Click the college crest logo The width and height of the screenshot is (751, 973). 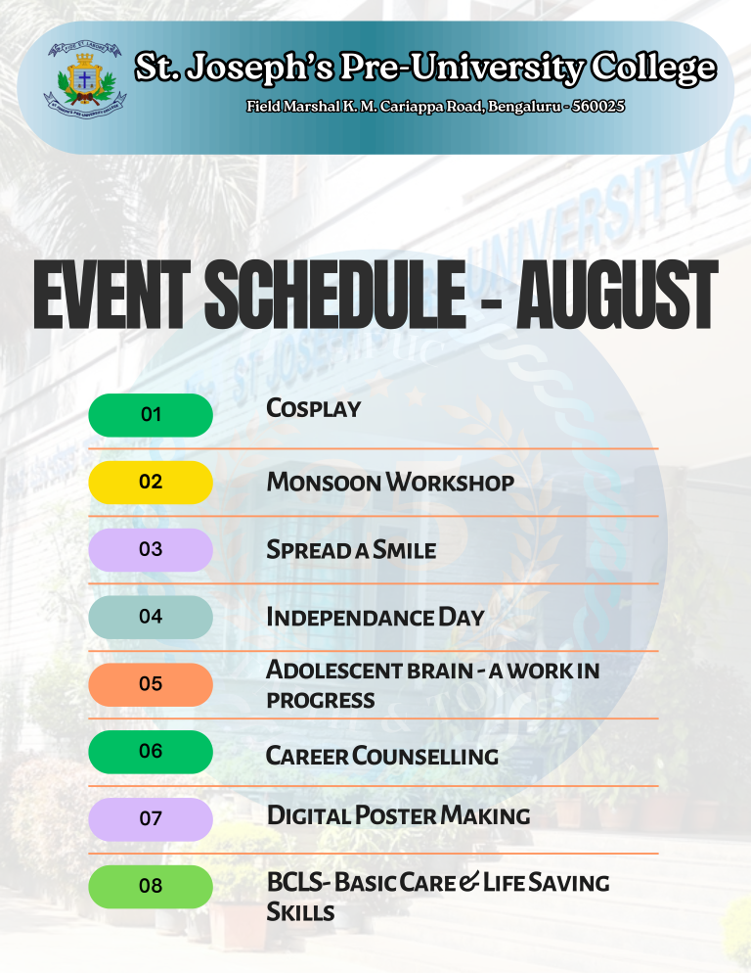click(x=85, y=80)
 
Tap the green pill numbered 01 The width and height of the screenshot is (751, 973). click(x=151, y=414)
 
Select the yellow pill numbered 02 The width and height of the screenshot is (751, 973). click(x=151, y=483)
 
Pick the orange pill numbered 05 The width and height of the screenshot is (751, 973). click(x=151, y=684)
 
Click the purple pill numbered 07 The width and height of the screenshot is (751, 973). click(x=151, y=819)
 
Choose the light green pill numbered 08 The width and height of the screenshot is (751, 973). click(x=151, y=886)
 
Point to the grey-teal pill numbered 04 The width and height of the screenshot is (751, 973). click(x=151, y=617)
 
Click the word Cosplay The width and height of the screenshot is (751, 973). click(x=313, y=408)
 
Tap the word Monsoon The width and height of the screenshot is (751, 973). click(x=323, y=483)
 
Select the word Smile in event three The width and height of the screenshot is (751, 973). click(x=404, y=550)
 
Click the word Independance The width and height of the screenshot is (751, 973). click(x=350, y=617)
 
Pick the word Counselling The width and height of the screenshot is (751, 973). click(x=424, y=756)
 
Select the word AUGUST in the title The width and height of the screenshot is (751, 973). click(x=616, y=295)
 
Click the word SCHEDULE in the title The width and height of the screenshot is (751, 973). click(x=334, y=295)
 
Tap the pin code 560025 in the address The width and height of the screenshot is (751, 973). click(x=597, y=106)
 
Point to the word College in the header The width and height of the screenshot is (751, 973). click(x=653, y=68)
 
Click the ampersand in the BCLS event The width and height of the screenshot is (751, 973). click(x=470, y=882)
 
